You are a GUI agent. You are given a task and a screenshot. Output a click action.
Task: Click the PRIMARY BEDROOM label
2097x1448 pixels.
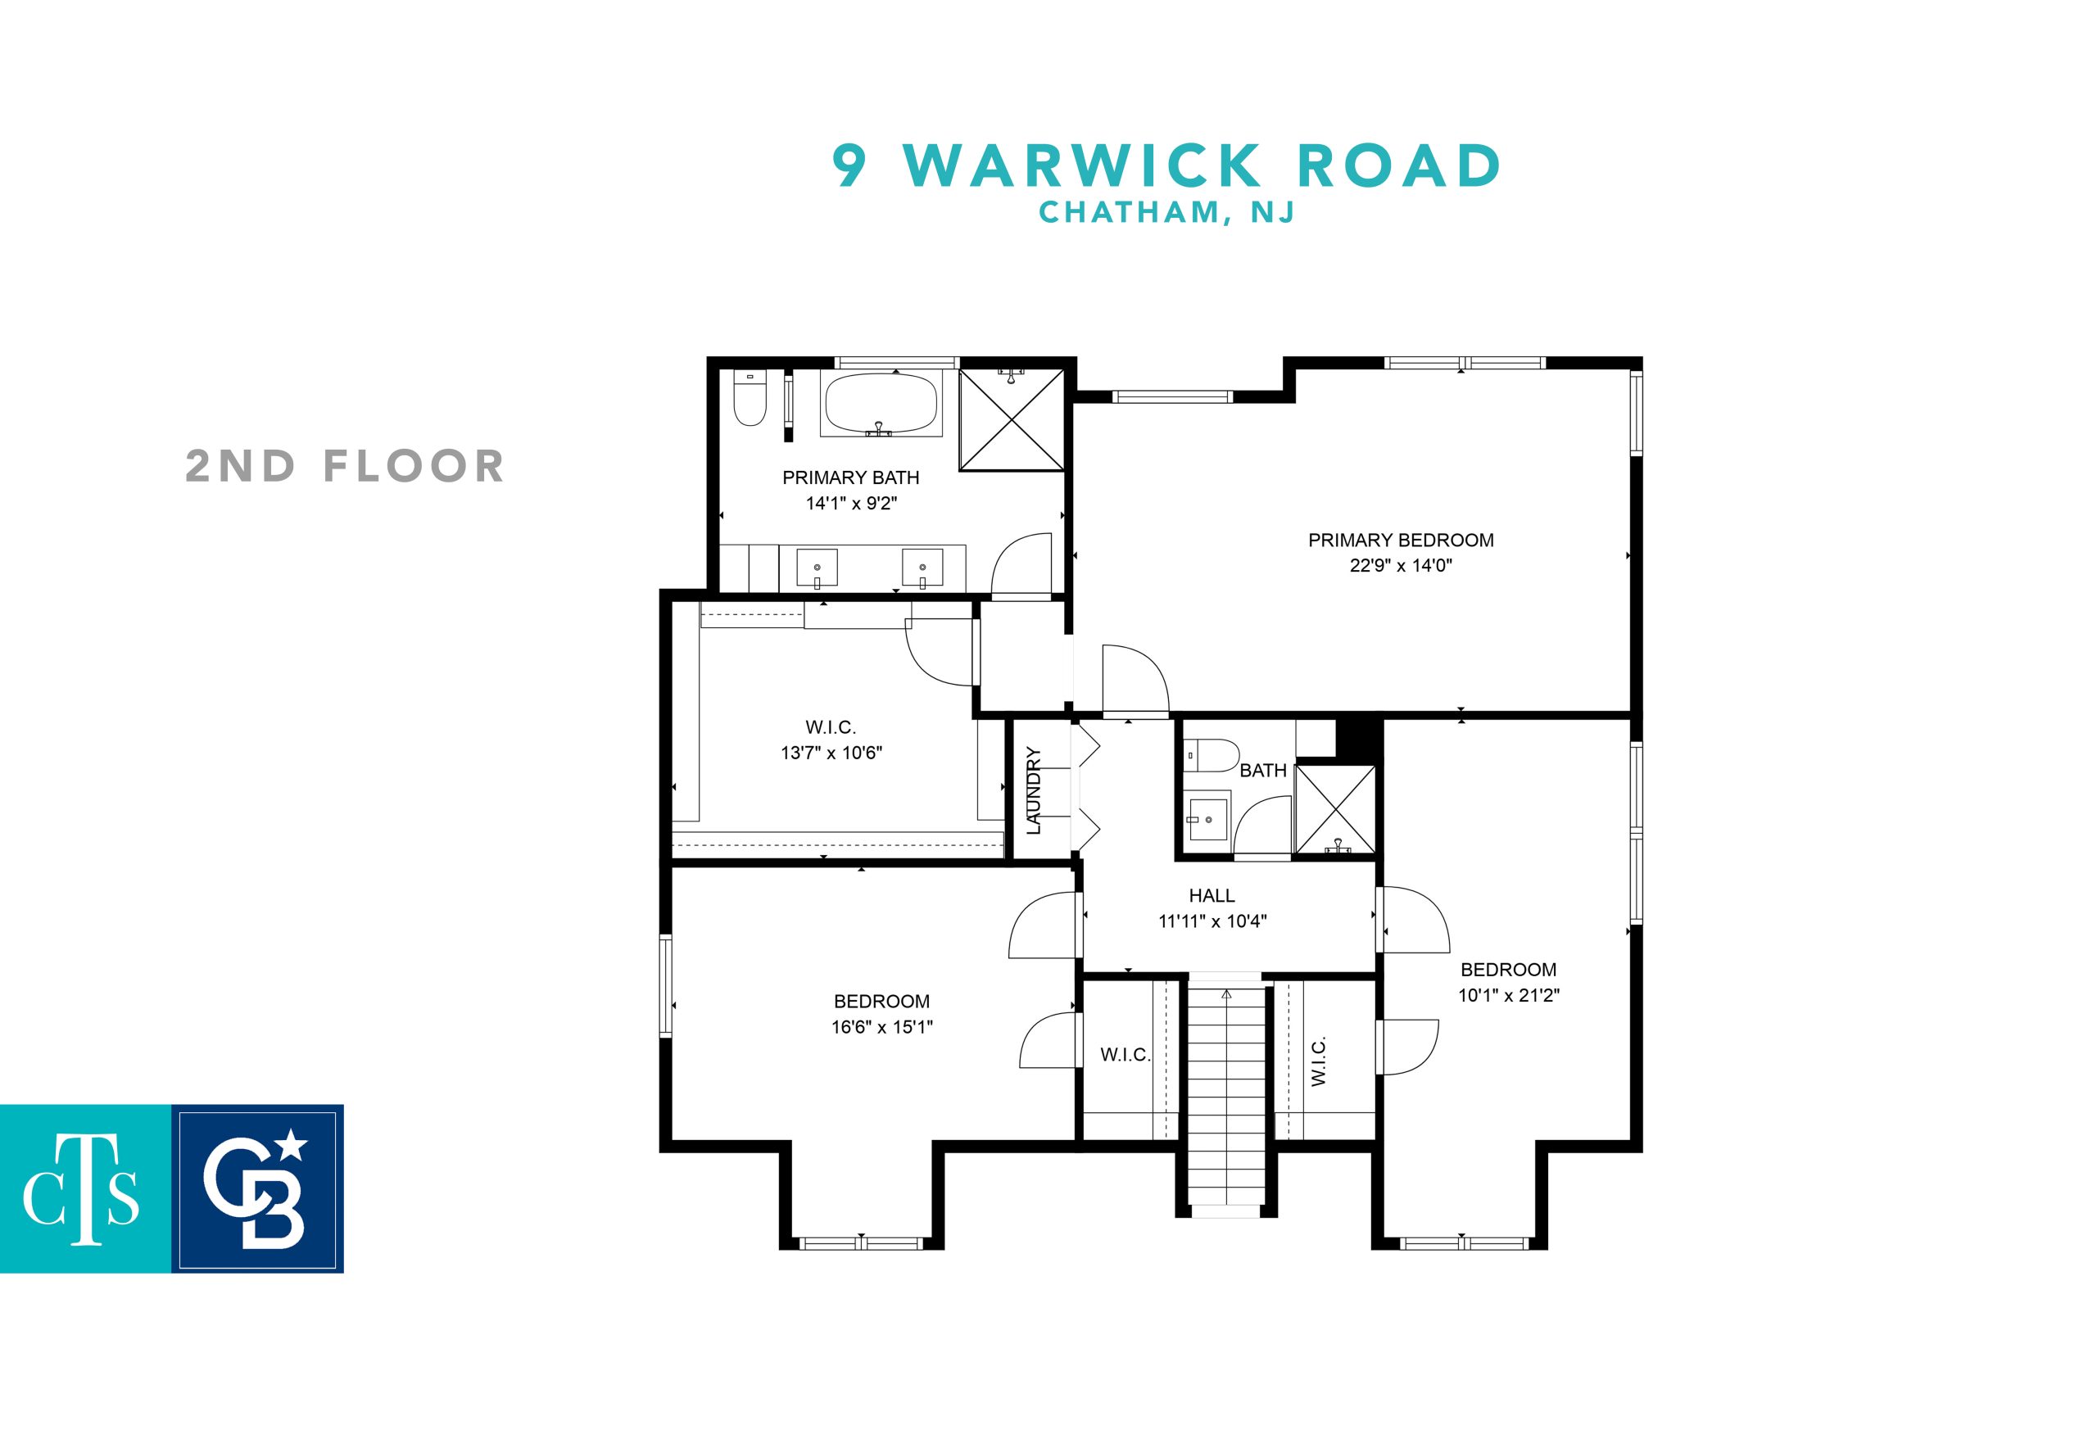coord(1400,540)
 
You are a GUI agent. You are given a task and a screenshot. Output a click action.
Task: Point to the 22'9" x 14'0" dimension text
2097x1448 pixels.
coord(1400,565)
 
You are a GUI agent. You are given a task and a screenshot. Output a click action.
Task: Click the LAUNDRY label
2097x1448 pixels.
coord(1034,790)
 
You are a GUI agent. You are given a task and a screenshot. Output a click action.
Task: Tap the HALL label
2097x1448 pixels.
coord(1212,895)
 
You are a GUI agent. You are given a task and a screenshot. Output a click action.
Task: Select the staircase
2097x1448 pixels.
coord(1226,1093)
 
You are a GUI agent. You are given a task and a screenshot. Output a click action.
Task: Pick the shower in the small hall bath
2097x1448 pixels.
coord(1334,809)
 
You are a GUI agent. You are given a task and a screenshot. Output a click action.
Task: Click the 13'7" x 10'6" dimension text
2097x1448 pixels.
coord(831,752)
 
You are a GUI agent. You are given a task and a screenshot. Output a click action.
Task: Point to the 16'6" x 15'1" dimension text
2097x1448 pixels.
coord(882,1027)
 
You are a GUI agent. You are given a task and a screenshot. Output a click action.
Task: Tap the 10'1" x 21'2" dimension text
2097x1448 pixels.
coord(1508,994)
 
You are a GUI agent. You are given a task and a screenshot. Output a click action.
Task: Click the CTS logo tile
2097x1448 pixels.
coord(85,1188)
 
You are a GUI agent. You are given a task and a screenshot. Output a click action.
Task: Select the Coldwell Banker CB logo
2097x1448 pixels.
coord(258,1188)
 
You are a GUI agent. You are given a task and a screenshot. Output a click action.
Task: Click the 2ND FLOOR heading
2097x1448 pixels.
coord(345,466)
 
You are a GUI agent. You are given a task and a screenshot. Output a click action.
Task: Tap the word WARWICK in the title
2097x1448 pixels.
coord(1084,165)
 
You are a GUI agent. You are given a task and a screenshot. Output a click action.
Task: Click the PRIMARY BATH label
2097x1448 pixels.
coord(850,477)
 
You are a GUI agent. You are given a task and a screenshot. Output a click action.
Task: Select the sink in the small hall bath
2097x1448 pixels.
coord(1207,818)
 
